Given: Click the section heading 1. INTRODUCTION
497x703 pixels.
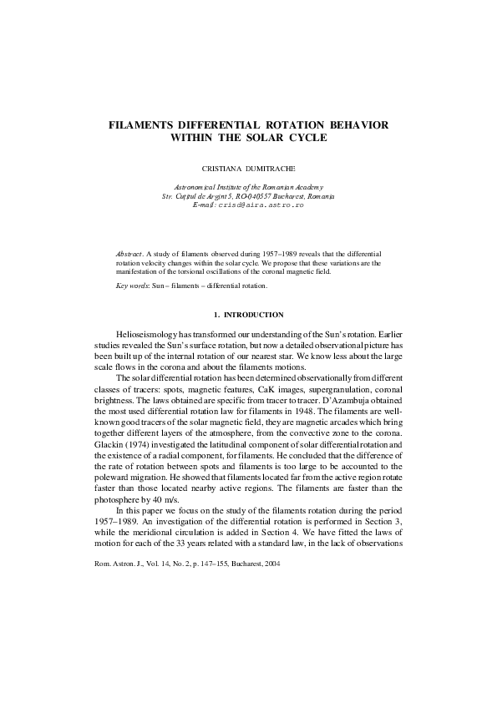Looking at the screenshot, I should click(x=249, y=315).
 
